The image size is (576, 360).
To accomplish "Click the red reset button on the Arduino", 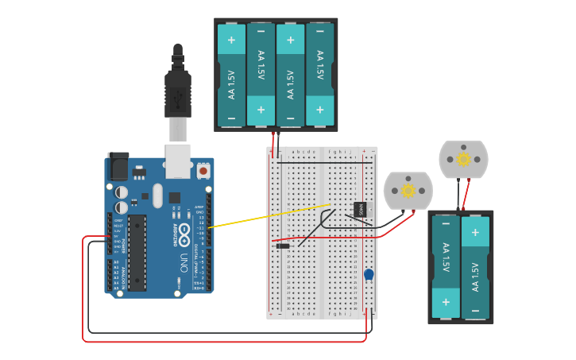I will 203,170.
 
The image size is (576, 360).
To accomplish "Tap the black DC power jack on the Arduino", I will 118,166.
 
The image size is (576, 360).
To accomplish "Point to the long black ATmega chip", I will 137,251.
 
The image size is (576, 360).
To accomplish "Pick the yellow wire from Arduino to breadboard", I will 262,216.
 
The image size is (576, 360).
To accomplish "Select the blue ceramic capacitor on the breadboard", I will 369,274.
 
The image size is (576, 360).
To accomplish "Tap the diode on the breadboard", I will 283,246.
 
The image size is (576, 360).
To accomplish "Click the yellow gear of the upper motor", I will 463,159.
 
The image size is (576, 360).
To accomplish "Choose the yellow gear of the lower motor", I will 408,190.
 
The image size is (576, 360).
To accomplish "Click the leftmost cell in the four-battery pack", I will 231,74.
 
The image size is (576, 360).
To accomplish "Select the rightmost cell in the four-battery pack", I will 320,74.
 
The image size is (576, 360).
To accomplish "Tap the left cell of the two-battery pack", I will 446,265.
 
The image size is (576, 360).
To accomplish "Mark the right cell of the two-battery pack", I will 475,265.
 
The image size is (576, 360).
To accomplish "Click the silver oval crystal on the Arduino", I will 157,195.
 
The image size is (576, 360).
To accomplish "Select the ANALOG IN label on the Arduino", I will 122,274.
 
